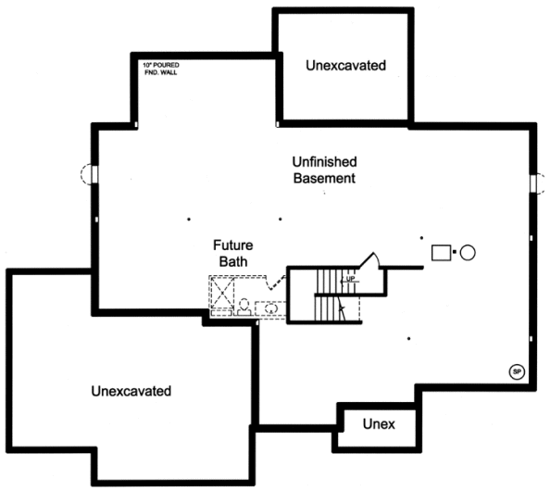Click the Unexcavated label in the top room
pos(346,66)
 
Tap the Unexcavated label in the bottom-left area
pos(131,391)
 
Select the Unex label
pos(379,424)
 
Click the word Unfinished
pos(324,162)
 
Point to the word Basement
pos(324,178)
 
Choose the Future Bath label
pos(233,254)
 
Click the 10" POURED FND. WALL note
pos(161,69)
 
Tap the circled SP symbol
pos(517,372)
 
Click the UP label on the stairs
pos(350,279)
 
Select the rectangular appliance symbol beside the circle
pos(441,253)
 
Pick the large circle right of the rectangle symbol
pos(468,253)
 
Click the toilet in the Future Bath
pos(244,308)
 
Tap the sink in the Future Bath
pos(270,308)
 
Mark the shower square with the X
pos(222,293)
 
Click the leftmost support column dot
pos(189,220)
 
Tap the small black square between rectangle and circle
pos(455,252)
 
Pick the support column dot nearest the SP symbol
pos(408,339)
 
